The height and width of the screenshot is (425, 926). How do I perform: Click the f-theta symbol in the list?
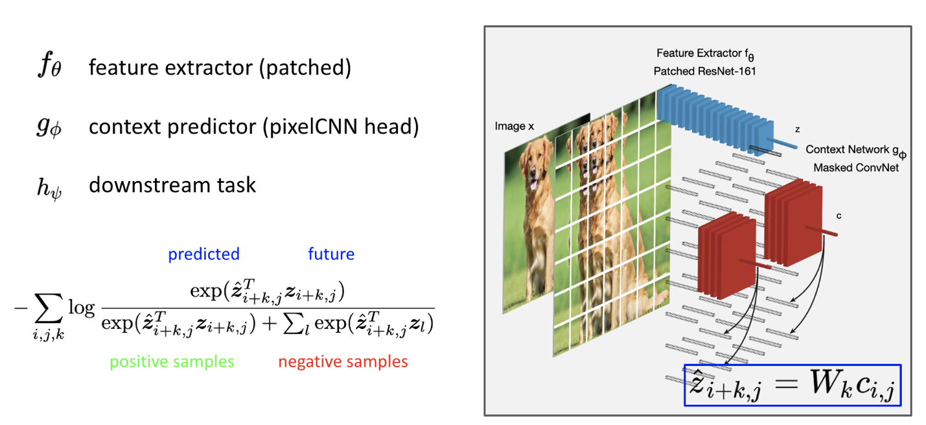(x=50, y=64)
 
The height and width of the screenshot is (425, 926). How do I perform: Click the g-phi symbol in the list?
(x=49, y=127)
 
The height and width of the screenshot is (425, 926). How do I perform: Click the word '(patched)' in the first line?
(x=305, y=67)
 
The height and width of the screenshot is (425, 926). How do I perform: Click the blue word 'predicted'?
(x=204, y=254)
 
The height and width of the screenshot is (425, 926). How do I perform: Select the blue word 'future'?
(x=331, y=254)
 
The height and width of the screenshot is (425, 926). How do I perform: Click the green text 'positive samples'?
(x=172, y=361)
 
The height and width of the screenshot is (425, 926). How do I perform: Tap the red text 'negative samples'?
(x=343, y=361)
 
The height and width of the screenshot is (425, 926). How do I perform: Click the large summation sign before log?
(x=49, y=308)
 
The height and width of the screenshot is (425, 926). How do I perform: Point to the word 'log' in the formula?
(x=82, y=308)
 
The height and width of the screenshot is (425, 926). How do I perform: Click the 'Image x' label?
(x=515, y=127)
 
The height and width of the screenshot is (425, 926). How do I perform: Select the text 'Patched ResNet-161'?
(x=704, y=71)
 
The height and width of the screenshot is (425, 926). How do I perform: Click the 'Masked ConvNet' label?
(x=856, y=167)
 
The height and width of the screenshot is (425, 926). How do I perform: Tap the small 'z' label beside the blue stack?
(x=798, y=130)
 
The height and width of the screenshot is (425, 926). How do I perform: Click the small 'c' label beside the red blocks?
(x=839, y=215)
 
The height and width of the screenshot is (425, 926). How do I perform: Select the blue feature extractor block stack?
(x=715, y=119)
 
